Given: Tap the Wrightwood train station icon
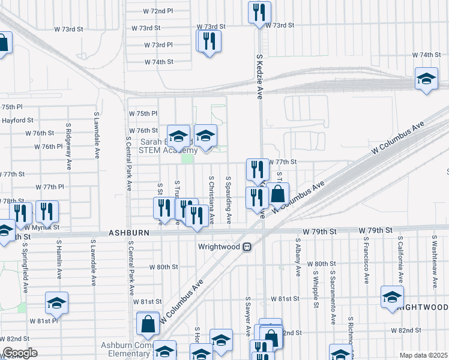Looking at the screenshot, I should [247, 247].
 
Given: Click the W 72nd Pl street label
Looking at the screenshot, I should [158, 11].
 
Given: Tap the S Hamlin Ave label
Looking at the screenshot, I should [59, 258].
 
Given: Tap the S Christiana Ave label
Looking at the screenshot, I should [211, 200].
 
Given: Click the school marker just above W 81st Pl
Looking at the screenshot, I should [56, 302].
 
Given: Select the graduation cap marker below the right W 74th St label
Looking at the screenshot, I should [426, 79].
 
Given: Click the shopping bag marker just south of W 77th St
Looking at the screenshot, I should [278, 194].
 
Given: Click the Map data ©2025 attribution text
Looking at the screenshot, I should [423, 355].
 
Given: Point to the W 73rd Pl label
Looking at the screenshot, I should [158, 45].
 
